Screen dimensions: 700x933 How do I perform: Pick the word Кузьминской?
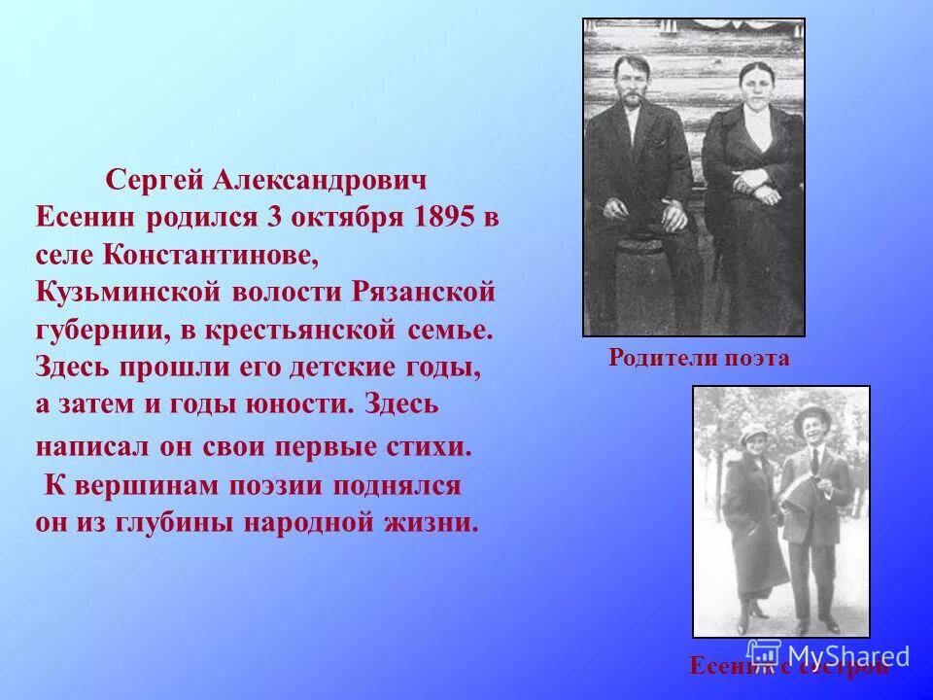pyautogui.click(x=114, y=292)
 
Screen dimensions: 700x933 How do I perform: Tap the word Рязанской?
pyautogui.click(x=432, y=292)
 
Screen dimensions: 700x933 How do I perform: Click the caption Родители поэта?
pyautogui.click(x=699, y=358)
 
